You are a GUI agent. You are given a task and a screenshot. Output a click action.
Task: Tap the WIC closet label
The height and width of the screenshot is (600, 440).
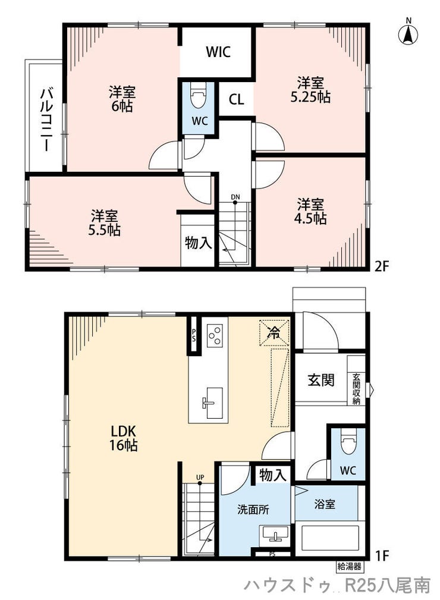218,52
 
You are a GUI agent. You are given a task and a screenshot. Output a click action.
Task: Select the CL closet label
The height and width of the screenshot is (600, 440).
236,100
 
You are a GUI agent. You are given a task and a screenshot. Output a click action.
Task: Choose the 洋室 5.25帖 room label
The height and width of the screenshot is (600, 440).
311,90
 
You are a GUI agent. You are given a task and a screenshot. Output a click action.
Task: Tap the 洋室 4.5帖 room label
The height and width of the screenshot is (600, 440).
310,211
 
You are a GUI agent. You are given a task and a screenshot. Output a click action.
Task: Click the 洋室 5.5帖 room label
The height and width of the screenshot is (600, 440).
105,223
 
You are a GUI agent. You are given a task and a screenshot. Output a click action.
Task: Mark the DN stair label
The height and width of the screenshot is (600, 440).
235,197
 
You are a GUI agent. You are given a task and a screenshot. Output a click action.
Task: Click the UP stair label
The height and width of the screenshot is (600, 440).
200,477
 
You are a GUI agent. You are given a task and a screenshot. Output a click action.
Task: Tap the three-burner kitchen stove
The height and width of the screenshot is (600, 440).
215,335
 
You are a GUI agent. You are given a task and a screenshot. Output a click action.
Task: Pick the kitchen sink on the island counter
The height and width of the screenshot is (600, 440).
212,403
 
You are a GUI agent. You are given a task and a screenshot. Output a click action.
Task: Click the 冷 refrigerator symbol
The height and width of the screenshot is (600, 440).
274,333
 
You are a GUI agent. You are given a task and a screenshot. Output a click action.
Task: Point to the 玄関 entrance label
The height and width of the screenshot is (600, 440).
321,379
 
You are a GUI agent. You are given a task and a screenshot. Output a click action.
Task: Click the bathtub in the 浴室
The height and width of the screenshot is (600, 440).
330,539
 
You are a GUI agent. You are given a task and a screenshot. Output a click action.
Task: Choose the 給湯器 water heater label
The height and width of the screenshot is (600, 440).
349,566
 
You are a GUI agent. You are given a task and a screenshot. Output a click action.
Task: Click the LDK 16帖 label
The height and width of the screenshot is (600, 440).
124,438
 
